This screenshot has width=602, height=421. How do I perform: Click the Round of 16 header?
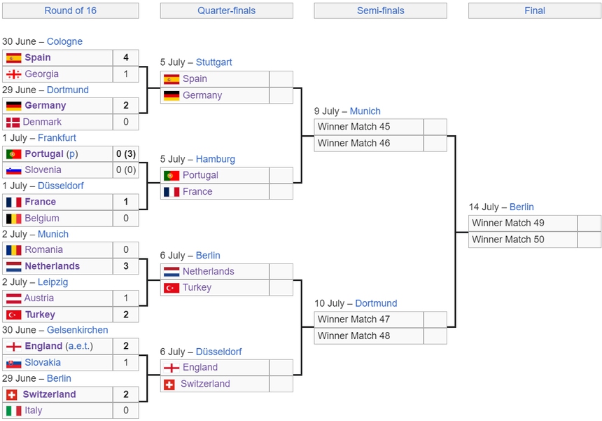click(70, 11)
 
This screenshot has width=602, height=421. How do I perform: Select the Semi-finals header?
click(381, 11)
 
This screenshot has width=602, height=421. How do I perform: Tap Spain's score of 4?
click(126, 57)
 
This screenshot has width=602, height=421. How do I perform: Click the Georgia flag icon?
click(14, 74)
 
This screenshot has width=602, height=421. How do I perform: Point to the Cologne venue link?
click(64, 41)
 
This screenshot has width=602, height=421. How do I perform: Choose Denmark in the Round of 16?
click(42, 122)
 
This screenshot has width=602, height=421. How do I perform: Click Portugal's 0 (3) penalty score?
click(126, 154)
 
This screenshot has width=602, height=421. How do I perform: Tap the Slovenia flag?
click(14, 170)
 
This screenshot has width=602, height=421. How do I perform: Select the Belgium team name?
click(42, 218)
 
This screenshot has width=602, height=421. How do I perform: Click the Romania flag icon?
click(14, 250)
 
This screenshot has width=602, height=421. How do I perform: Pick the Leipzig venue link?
click(53, 282)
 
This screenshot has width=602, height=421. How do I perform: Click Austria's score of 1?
click(126, 298)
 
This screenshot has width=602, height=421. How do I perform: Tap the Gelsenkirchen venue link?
click(78, 330)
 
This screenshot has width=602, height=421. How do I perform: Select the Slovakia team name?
click(43, 363)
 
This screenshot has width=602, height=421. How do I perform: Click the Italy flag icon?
click(14, 410)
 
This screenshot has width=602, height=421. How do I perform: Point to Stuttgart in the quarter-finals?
click(213, 62)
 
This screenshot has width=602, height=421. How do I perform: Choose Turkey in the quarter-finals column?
click(197, 288)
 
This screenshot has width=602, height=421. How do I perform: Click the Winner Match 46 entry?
click(353, 144)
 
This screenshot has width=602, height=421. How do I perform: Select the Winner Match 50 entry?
click(508, 240)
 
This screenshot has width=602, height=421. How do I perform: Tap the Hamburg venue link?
click(216, 159)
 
